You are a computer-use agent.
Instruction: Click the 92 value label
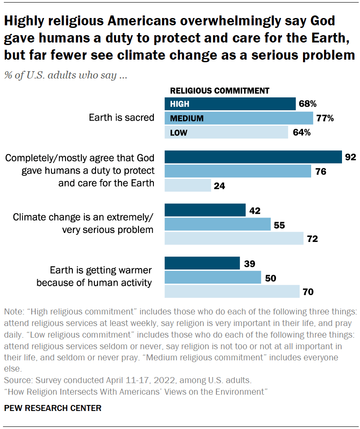(x=350, y=157)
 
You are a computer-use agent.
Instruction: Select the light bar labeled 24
(x=188, y=186)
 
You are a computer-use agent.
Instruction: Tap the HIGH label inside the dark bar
(x=180, y=104)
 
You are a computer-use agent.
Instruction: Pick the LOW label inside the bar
(x=178, y=133)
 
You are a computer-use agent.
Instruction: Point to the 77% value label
(x=325, y=118)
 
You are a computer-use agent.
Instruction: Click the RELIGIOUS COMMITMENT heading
(x=219, y=91)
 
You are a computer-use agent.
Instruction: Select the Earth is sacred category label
(x=121, y=117)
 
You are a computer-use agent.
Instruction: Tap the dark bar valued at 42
(x=205, y=210)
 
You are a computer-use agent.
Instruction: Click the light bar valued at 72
(x=234, y=239)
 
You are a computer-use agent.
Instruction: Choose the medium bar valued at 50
(x=213, y=278)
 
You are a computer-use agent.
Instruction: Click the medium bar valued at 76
(x=238, y=172)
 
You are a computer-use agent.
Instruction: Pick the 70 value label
(x=308, y=292)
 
